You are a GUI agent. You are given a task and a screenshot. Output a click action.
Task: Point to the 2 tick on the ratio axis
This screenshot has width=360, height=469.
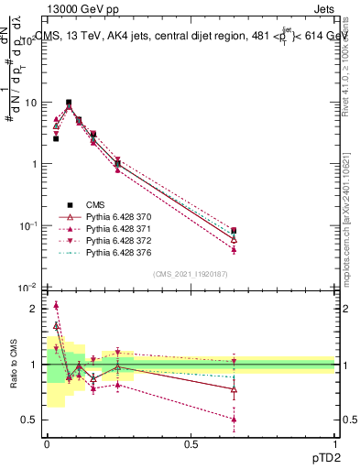pyautogui.click(x=35, y=309)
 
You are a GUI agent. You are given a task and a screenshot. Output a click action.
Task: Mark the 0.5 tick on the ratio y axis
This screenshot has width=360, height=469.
pyautogui.click(x=30, y=420)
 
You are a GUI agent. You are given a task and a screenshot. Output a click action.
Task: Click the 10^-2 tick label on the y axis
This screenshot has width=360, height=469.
pyautogui.click(x=27, y=288)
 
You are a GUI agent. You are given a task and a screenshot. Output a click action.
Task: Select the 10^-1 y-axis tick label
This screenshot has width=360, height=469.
pyautogui.click(x=27, y=226)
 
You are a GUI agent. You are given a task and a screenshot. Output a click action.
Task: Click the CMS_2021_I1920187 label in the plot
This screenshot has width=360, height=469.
pyautogui.click(x=190, y=274)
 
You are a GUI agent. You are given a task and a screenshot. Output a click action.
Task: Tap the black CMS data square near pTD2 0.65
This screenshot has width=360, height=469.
pyautogui.click(x=235, y=231)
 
